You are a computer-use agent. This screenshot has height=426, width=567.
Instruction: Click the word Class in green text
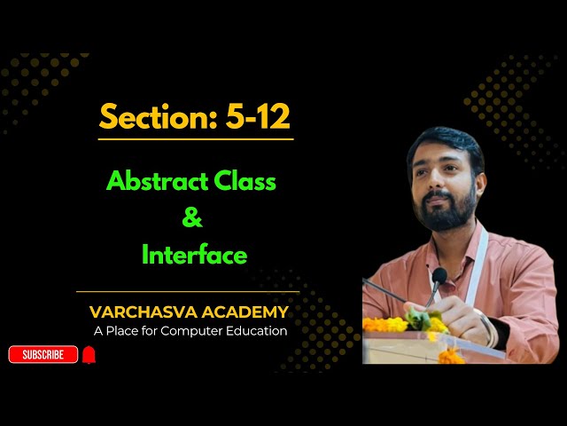coord(245,182)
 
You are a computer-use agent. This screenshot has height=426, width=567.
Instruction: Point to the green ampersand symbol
coord(192,218)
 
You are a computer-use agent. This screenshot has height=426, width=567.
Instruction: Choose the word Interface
coord(194,256)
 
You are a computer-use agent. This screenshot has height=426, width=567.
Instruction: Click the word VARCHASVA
coord(140,312)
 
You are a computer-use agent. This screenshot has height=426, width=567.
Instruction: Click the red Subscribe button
coord(43,355)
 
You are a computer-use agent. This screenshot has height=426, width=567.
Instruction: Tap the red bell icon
coord(89,355)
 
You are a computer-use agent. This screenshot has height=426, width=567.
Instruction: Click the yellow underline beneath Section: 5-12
coord(196,139)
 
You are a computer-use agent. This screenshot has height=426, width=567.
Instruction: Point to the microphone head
coord(438,277)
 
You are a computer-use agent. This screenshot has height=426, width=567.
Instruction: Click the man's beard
coord(450,213)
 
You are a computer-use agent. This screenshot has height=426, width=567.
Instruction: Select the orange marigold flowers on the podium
coord(390,325)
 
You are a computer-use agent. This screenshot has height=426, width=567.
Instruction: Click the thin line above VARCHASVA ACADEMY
coord(188,291)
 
